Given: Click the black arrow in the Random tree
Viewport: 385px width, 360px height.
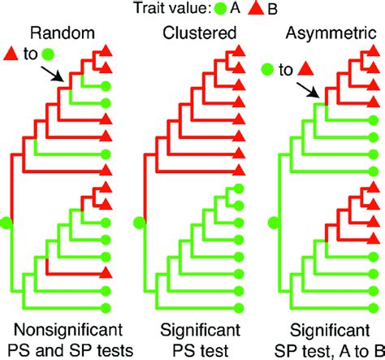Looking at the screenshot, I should (x=54, y=76).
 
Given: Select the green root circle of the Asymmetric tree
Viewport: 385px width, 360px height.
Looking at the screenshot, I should (x=272, y=221).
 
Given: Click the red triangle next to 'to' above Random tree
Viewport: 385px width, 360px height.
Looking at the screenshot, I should (x=11, y=54).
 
